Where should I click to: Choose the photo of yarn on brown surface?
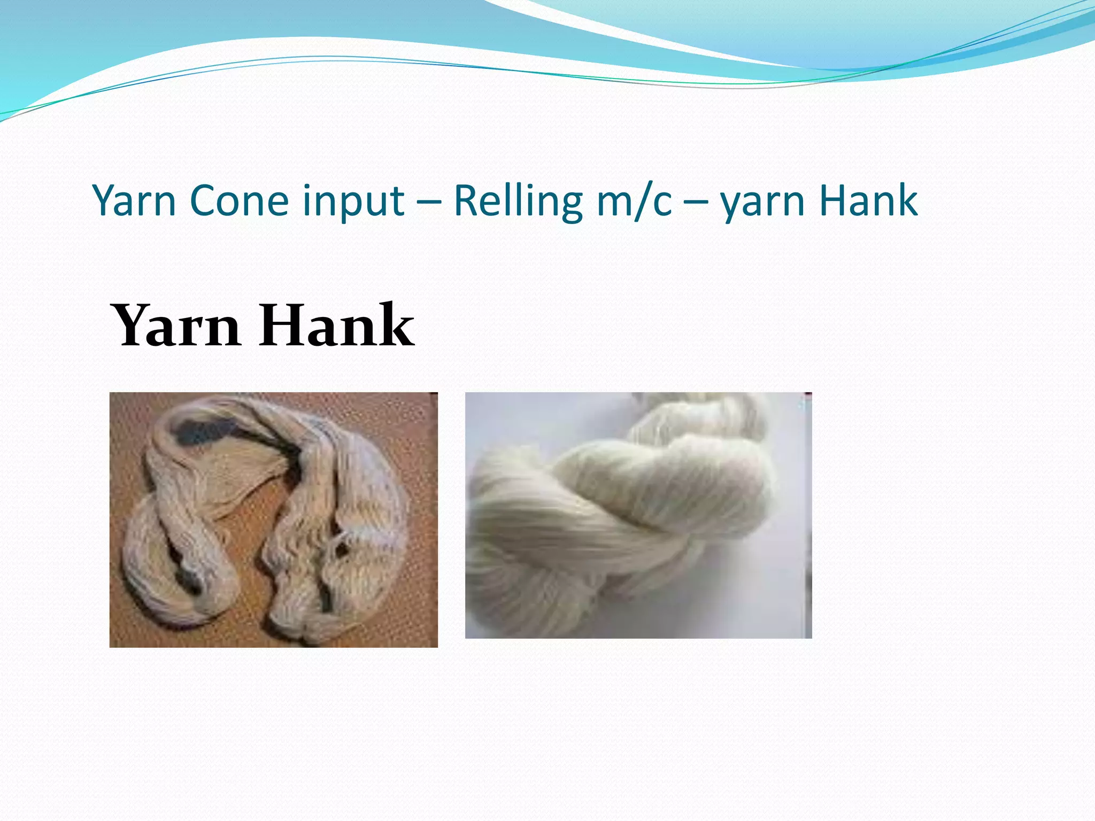point(273,520)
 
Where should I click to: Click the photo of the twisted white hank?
point(638,515)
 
